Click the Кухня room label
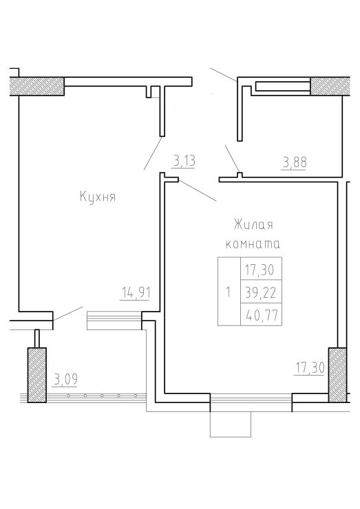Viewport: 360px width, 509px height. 98,197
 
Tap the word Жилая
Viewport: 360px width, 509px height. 253,225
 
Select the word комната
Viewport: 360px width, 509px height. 253,244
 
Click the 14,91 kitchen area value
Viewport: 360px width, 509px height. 136,293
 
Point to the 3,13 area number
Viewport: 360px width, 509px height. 184,161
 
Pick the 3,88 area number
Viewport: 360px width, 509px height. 295,162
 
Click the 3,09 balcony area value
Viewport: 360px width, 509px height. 65,379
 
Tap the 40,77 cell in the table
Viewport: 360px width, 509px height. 261,314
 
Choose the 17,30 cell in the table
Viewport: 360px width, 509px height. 261,269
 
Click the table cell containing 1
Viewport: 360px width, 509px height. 229,292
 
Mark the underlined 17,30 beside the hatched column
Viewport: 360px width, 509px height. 310,369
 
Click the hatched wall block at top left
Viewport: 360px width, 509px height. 37,87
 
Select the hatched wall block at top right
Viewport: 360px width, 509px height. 330,87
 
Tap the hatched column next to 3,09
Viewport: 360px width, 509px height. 36,376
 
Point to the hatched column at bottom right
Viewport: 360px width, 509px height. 337,376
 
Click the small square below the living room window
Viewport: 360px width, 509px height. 231,424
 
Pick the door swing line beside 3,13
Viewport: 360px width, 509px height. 153,153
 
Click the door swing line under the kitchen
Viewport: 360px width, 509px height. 67,313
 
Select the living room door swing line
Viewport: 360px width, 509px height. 198,190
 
